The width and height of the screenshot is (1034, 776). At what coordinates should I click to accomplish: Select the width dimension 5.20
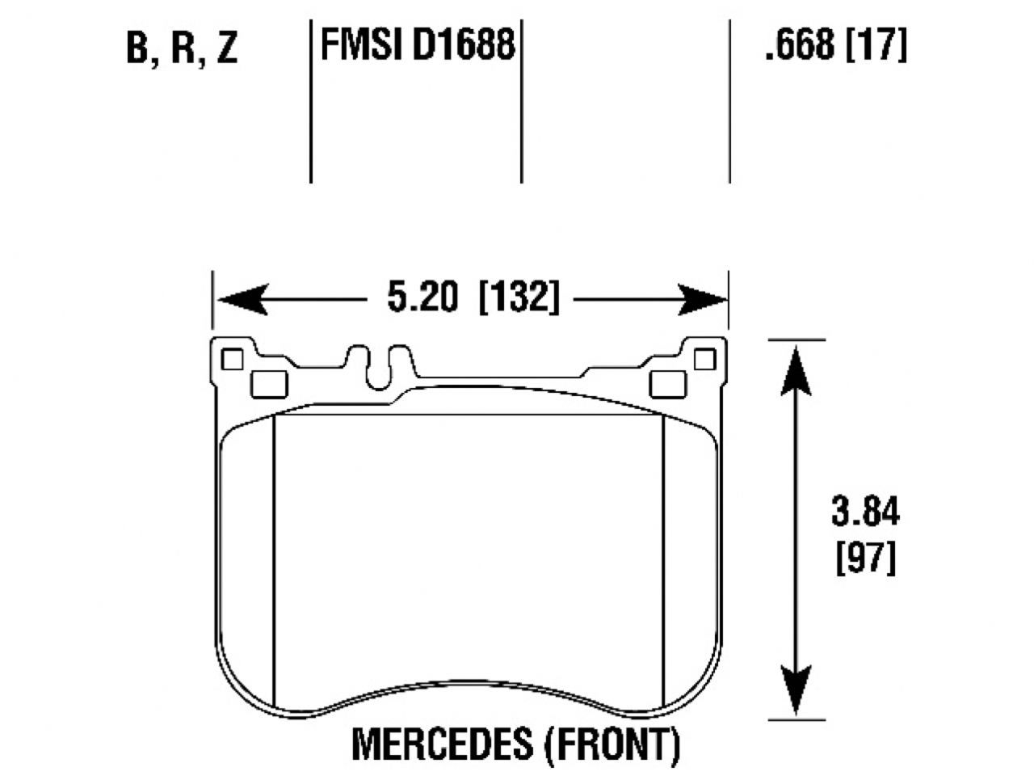point(422,298)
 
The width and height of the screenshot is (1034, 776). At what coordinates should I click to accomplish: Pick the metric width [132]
point(519,298)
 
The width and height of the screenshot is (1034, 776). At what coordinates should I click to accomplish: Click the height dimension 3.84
point(864,512)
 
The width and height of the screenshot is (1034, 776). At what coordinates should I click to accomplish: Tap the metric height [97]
point(864,558)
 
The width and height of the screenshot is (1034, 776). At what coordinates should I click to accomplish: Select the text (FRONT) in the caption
point(612,743)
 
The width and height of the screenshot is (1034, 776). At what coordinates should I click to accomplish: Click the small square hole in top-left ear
point(233,358)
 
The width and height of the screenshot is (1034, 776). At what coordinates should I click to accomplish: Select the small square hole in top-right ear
point(704,358)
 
